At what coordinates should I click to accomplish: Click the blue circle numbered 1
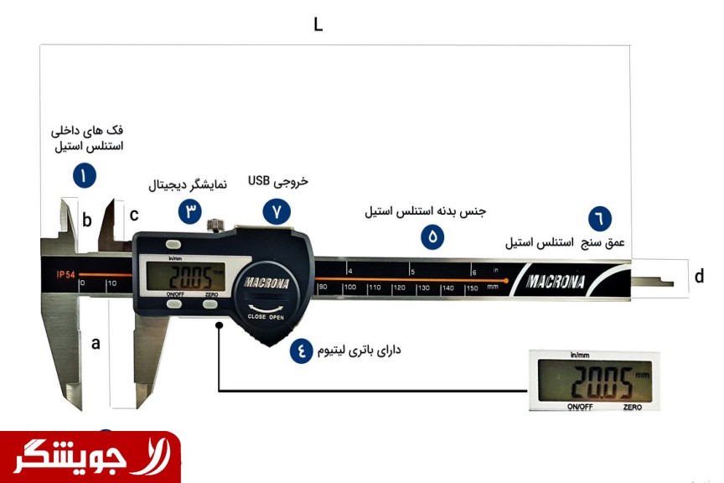coord(84,175)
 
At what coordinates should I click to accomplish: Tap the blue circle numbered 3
coord(190,211)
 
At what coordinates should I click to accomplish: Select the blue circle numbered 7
coord(276,211)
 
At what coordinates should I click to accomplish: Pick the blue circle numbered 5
coord(432,236)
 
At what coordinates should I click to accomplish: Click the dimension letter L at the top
coord(318,24)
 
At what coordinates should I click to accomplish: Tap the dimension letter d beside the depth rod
coord(699,276)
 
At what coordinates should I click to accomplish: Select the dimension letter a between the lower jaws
coord(96,342)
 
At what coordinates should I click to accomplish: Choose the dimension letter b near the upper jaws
coord(87,221)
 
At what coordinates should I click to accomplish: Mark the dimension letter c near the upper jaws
coord(134,215)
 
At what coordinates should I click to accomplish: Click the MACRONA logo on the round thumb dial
coord(267,283)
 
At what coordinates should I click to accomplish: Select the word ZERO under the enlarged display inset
coord(633,408)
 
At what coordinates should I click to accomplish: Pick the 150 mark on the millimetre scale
coord(472,288)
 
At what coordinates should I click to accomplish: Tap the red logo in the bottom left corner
coord(90,457)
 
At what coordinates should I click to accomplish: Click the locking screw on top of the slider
coord(217,225)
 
